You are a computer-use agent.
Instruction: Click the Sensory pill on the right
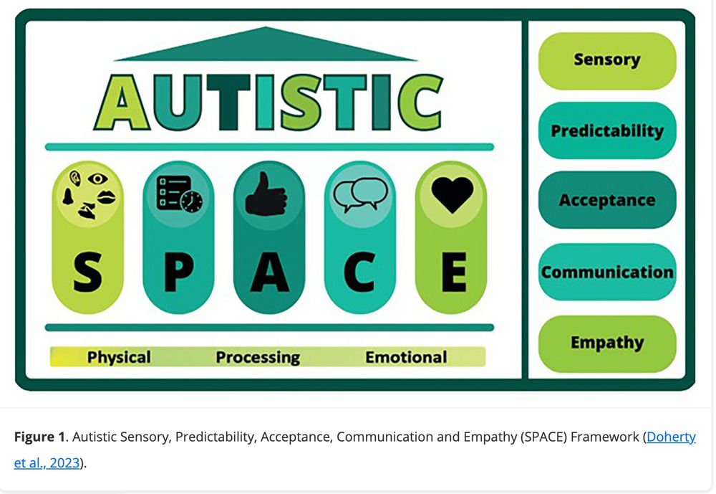point(607,61)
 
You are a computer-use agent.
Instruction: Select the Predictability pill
point(607,130)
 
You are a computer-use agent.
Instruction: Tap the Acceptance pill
point(607,200)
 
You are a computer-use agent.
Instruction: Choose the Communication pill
point(607,272)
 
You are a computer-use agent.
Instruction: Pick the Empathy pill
point(607,343)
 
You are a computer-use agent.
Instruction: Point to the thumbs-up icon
point(266,194)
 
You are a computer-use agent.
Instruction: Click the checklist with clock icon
point(180,194)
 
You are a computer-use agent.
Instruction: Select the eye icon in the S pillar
point(97,179)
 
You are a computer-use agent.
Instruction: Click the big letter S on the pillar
point(87,272)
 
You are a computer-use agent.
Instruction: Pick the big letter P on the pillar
point(178,272)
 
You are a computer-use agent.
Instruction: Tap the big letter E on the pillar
point(453,272)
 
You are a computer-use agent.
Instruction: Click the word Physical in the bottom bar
point(119,357)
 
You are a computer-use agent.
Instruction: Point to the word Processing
point(258,357)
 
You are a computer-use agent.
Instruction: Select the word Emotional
point(406,357)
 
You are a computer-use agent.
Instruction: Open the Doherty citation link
point(671,437)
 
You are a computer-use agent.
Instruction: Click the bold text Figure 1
point(39,437)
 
